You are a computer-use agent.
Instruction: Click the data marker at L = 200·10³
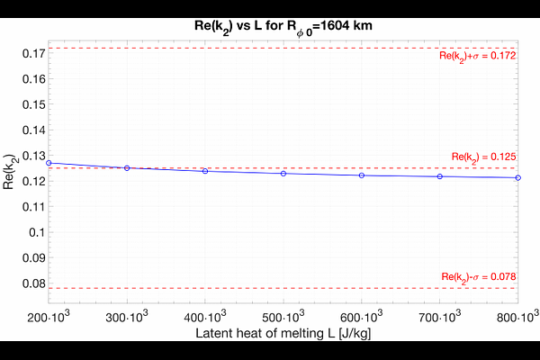click(49, 163)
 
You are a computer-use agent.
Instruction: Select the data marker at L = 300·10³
click(127, 167)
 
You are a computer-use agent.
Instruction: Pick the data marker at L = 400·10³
click(205, 171)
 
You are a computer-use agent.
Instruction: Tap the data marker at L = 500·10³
click(283, 173)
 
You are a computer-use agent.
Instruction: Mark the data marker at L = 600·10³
click(362, 175)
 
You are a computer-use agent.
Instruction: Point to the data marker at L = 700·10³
click(440, 176)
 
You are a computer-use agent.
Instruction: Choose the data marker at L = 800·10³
click(518, 177)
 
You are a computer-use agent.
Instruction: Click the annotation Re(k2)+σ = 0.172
click(476, 57)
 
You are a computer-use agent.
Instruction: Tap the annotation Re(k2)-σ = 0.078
click(478, 276)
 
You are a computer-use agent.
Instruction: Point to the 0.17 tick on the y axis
click(30, 53)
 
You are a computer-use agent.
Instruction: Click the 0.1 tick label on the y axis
click(34, 231)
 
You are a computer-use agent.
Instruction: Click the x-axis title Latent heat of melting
click(283, 333)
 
